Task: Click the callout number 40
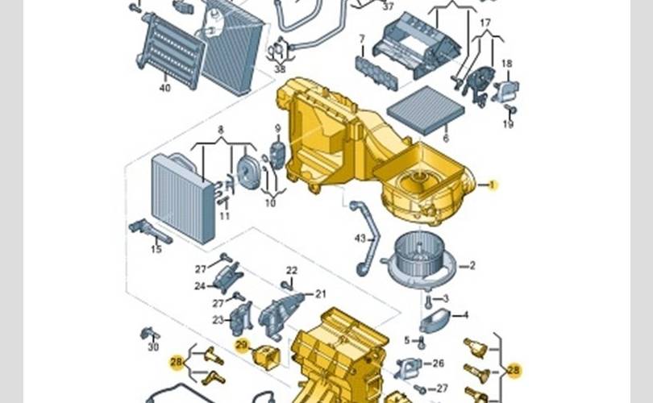click(165, 87)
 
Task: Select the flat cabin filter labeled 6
click(426, 110)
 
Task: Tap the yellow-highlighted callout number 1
click(493, 185)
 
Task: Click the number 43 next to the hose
click(360, 239)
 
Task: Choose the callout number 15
click(156, 249)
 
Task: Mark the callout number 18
click(506, 64)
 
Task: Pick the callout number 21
click(320, 294)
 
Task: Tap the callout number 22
click(292, 271)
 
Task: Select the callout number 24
click(200, 286)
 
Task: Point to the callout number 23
click(218, 320)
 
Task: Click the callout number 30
click(153, 347)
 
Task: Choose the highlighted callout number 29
click(242, 345)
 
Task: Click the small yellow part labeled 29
click(267, 357)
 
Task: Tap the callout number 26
click(438, 364)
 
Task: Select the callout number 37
click(388, 6)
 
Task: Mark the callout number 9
click(278, 129)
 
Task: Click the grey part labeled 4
click(434, 321)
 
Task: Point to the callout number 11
click(224, 216)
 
